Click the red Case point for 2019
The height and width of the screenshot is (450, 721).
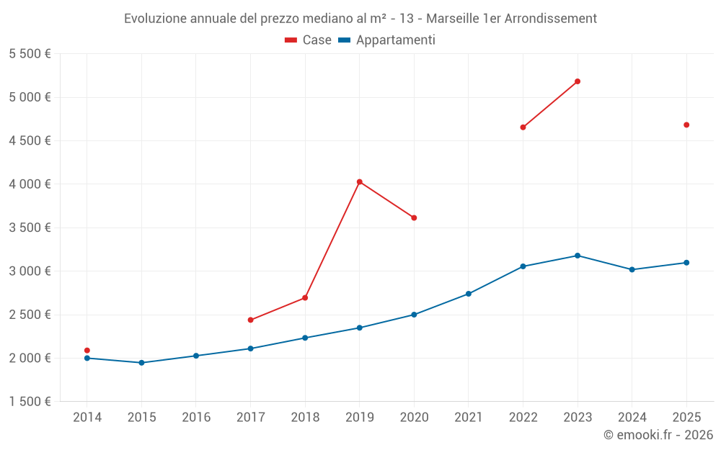pyautogui.click(x=359, y=182)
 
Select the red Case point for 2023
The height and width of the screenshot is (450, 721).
pyautogui.click(x=578, y=81)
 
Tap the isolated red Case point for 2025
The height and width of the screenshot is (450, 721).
pyautogui.click(x=686, y=125)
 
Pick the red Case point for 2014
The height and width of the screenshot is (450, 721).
pyautogui.click(x=87, y=351)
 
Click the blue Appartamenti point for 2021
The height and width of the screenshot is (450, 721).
pyautogui.click(x=469, y=294)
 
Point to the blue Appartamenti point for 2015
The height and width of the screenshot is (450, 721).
pyautogui.click(x=141, y=363)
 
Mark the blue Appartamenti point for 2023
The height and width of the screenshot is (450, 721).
pyautogui.click(x=578, y=256)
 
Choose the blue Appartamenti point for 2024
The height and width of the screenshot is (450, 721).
pyautogui.click(x=632, y=270)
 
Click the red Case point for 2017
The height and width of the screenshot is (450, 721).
pyautogui.click(x=250, y=320)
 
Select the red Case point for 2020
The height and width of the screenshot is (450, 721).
pyautogui.click(x=414, y=218)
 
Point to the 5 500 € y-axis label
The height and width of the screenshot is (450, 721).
pyautogui.click(x=30, y=54)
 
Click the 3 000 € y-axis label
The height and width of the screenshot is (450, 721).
pyautogui.click(x=30, y=271)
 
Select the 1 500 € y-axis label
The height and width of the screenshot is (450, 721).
pyautogui.click(x=30, y=402)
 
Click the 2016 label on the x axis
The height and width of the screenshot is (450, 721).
pyautogui.click(x=196, y=418)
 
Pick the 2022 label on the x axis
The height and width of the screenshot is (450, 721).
pyautogui.click(x=523, y=418)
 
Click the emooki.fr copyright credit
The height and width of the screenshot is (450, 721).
pyautogui.click(x=658, y=435)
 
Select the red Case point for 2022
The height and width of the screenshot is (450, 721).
pyautogui.click(x=523, y=127)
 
